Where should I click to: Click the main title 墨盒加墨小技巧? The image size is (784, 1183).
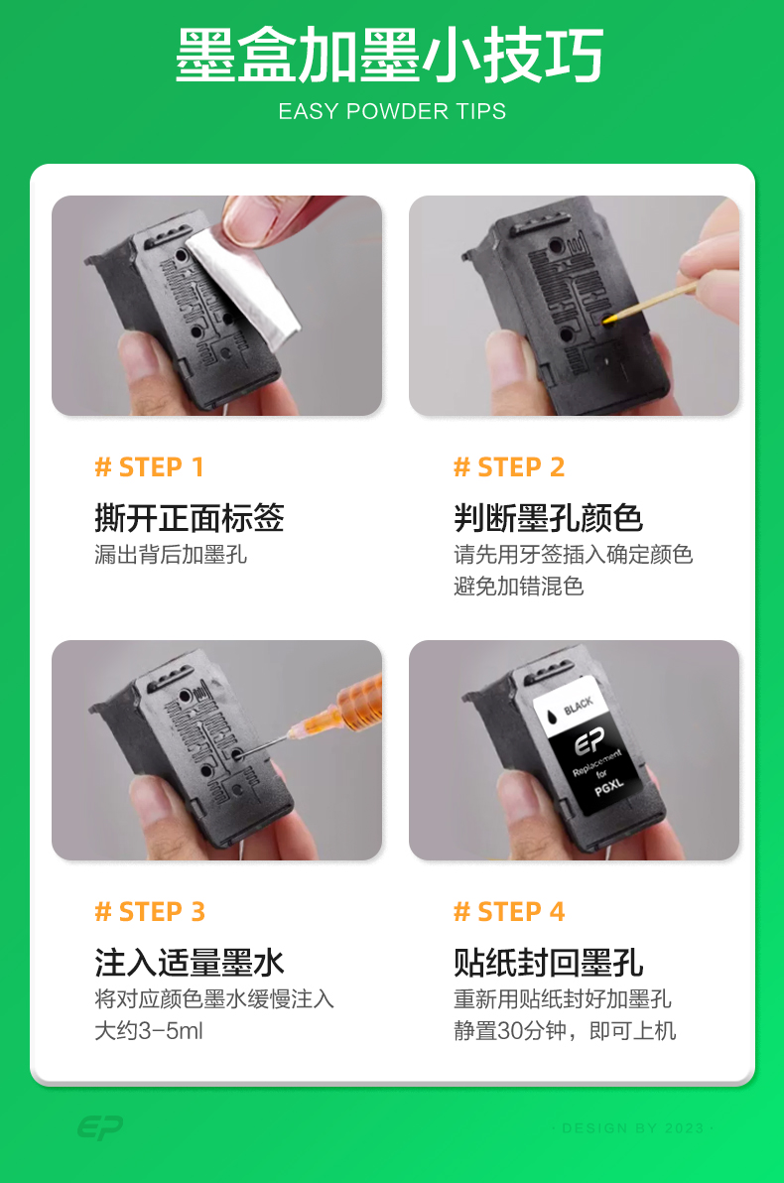click(389, 55)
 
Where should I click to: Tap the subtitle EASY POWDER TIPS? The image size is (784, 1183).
click(392, 112)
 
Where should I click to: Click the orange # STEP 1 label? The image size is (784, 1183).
click(150, 467)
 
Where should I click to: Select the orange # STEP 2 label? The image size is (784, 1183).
click(508, 467)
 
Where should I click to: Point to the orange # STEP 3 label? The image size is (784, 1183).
click(150, 911)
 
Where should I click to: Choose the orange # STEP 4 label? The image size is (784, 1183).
click(509, 911)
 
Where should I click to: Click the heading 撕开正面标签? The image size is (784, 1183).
click(190, 518)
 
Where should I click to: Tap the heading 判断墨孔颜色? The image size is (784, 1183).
click(549, 518)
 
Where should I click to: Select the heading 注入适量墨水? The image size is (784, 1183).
click(190, 963)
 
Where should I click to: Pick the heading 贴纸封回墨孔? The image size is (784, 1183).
click(549, 963)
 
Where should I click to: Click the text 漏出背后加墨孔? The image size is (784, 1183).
click(171, 555)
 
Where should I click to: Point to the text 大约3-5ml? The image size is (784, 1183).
click(149, 1030)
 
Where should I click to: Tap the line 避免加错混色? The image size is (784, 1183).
click(518, 587)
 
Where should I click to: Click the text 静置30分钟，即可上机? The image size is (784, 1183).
click(565, 1030)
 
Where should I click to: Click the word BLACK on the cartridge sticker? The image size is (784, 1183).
click(578, 706)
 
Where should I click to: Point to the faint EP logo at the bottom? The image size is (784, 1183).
click(99, 1127)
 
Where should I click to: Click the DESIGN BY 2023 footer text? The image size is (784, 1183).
click(632, 1128)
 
